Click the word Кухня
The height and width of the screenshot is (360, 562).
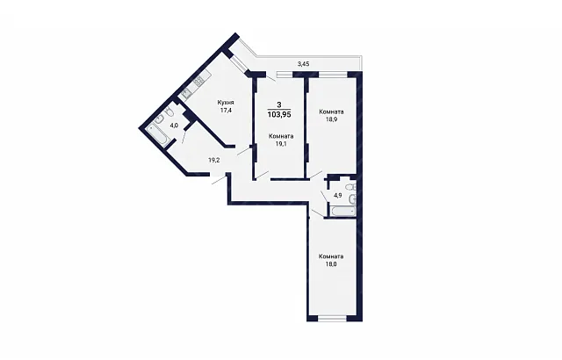(x=226, y=103)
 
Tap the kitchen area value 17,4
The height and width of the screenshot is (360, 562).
(x=226, y=111)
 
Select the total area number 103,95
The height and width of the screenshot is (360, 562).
(x=279, y=115)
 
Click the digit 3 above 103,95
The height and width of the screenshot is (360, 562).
(x=279, y=104)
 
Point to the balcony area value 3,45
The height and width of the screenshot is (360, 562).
(x=304, y=64)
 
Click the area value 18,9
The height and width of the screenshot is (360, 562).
(x=332, y=119)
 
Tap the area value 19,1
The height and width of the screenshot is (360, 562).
(x=281, y=144)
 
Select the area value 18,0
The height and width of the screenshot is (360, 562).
(x=331, y=264)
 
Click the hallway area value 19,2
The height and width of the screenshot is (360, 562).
(x=214, y=160)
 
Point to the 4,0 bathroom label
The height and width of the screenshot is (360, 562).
(x=174, y=126)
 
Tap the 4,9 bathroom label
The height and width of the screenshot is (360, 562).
(x=338, y=196)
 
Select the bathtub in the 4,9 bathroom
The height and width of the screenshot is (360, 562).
(x=343, y=212)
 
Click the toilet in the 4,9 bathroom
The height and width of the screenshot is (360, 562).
(x=351, y=187)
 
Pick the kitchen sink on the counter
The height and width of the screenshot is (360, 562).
(x=186, y=95)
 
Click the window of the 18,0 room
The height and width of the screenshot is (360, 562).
(x=332, y=318)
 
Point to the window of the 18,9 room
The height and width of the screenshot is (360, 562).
(x=333, y=75)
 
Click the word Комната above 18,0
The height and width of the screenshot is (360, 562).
(x=331, y=256)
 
